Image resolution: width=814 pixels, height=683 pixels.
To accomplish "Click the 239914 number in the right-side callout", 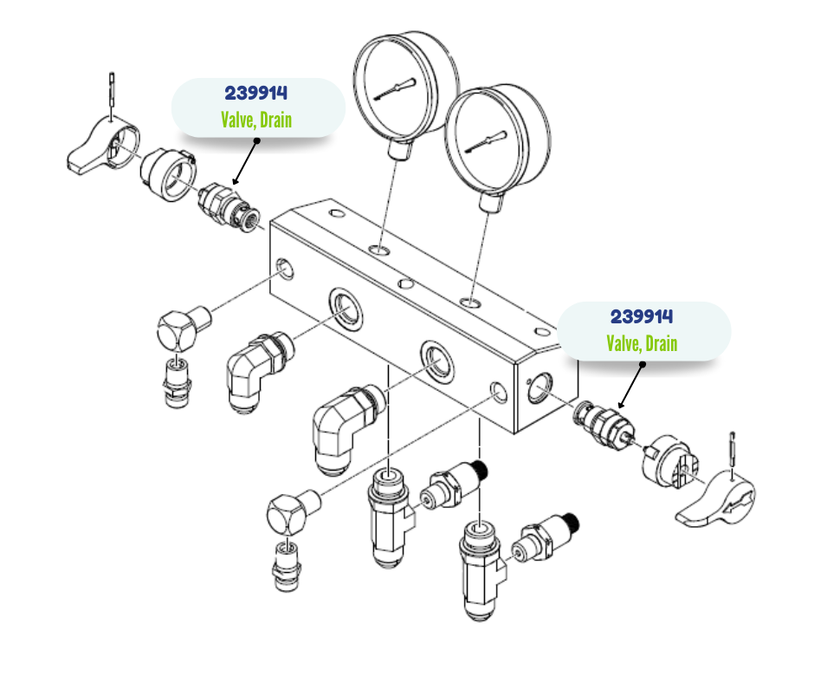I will click(642, 317).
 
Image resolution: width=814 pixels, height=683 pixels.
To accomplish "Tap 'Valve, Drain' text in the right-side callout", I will click(642, 343).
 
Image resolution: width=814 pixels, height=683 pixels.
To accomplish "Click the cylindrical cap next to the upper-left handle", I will click(170, 174).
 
